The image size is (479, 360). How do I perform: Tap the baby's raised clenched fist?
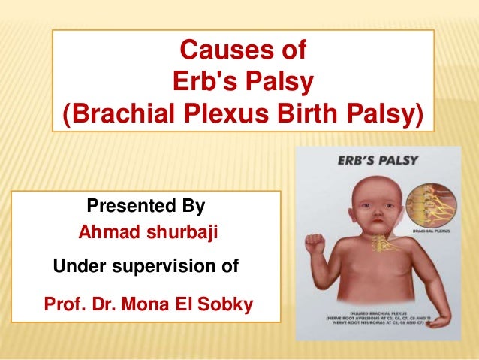[x=312, y=249]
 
